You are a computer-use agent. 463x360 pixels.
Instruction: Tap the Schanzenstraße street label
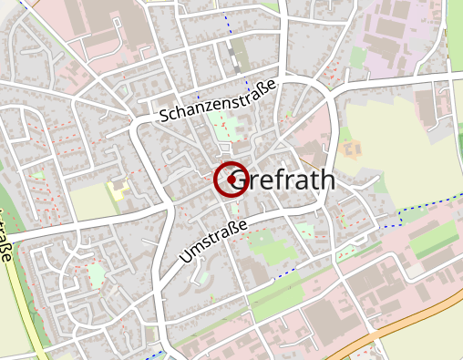tap(217, 101)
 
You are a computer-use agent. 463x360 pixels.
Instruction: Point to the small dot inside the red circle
tap(232, 180)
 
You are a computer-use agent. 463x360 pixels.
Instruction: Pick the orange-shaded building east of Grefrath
tap(350, 148)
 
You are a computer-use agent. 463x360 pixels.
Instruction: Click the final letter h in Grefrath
tap(326, 180)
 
